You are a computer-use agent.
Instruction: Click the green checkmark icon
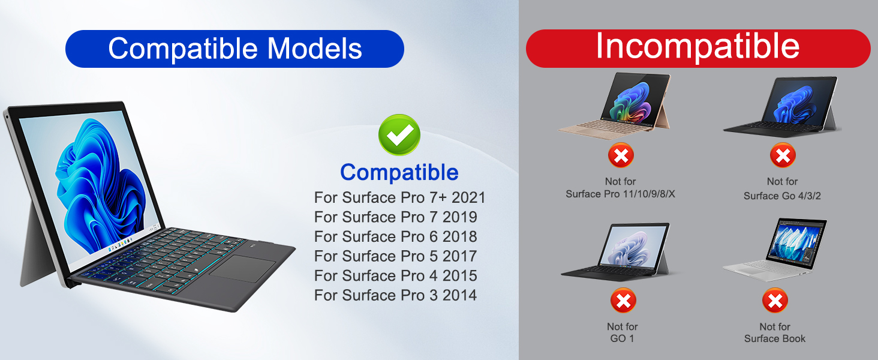(x=399, y=134)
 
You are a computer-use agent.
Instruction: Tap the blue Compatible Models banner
(x=234, y=49)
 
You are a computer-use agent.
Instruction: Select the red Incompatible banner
(x=698, y=48)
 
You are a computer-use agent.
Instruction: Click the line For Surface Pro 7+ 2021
(x=399, y=197)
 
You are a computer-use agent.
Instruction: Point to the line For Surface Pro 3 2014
(x=395, y=295)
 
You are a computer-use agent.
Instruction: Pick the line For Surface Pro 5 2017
(x=395, y=256)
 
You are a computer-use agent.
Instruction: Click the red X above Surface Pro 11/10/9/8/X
(x=621, y=155)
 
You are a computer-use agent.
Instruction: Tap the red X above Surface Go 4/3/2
(x=783, y=155)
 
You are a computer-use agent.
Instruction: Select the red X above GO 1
(x=623, y=301)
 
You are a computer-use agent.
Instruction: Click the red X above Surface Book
(x=775, y=301)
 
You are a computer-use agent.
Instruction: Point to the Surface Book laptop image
(x=775, y=250)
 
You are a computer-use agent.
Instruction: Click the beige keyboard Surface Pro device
(x=615, y=106)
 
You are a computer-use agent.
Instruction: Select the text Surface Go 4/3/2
(x=782, y=196)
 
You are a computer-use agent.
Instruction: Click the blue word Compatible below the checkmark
(x=399, y=173)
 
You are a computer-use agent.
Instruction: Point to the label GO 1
(x=622, y=338)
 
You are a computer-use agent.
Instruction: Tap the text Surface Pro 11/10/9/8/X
(x=620, y=194)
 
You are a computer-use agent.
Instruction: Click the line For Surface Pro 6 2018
(x=395, y=236)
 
